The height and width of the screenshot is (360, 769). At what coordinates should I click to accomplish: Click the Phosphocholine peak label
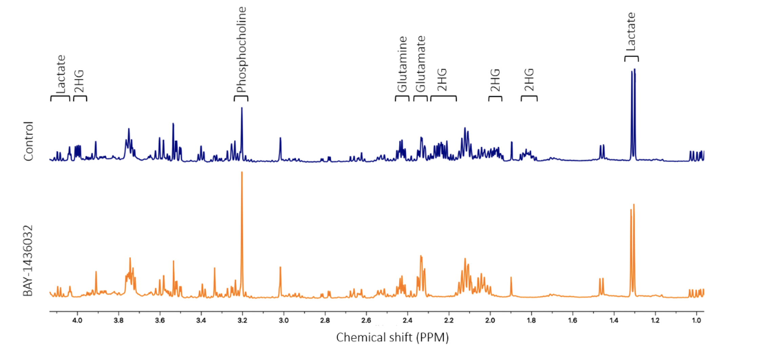241,50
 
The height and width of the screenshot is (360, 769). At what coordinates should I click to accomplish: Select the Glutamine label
402,64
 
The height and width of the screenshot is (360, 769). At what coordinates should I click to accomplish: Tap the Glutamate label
420,64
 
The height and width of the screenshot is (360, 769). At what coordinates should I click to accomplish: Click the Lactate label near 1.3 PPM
631,32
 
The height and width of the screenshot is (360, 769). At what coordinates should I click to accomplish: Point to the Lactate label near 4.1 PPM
61,74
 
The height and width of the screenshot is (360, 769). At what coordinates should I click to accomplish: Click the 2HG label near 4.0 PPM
79,81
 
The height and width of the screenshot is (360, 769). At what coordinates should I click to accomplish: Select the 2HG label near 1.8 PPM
529,80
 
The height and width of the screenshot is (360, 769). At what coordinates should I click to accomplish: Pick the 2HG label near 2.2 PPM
442,80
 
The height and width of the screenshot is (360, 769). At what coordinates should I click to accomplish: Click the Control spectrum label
28,141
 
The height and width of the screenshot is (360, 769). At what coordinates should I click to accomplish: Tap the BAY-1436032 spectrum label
28,261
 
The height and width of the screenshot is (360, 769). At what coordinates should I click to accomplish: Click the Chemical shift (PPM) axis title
392,338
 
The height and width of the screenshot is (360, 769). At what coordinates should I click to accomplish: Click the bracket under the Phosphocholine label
241,98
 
